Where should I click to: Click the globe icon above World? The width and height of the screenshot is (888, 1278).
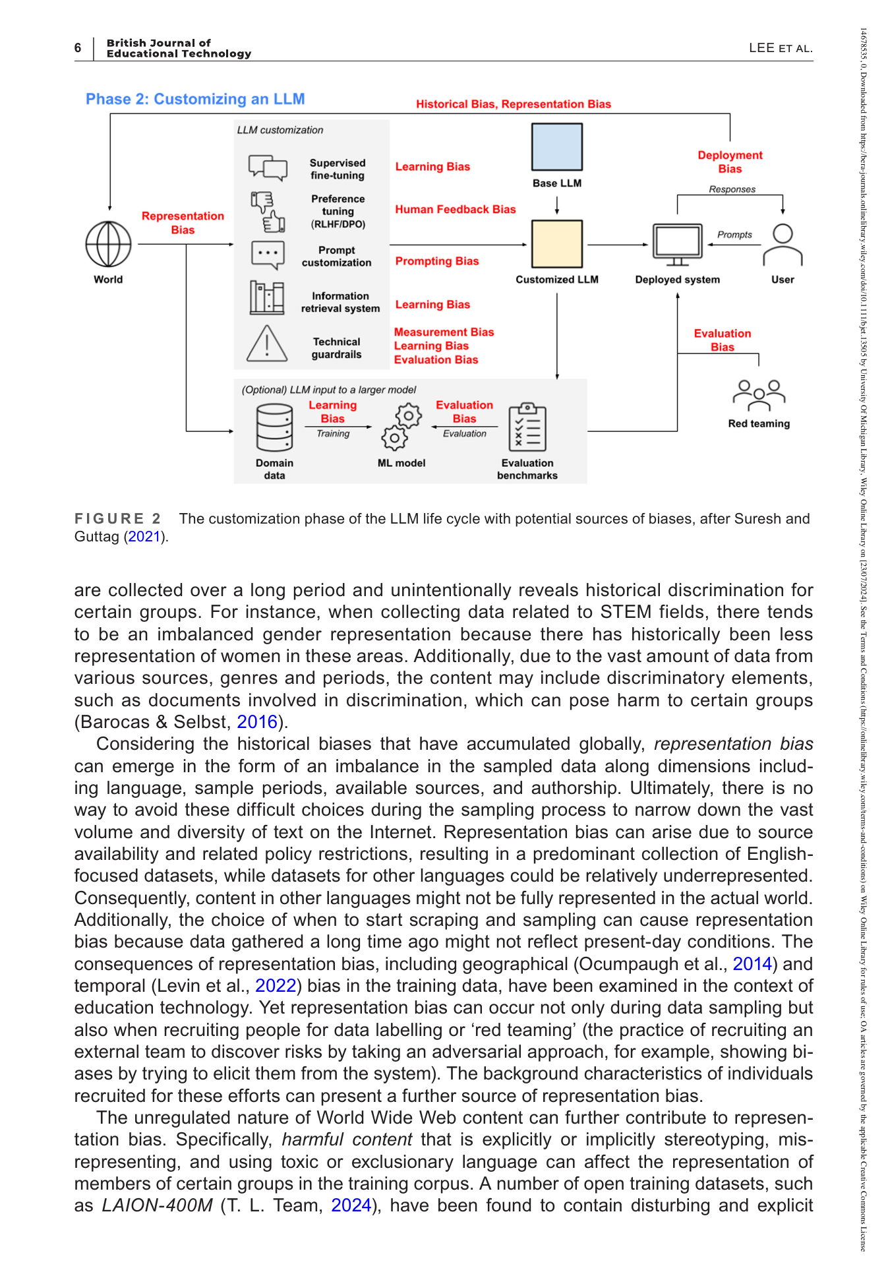pyautogui.click(x=109, y=244)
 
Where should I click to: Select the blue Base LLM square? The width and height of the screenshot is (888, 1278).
pyautogui.click(x=557, y=147)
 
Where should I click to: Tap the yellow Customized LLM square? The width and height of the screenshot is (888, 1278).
pyautogui.click(x=557, y=244)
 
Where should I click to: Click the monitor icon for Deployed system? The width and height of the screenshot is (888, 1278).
pyautogui.click(x=677, y=245)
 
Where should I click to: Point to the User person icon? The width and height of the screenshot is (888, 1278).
pyautogui.click(x=783, y=245)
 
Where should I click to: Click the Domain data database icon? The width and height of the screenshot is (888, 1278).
pyautogui.click(x=274, y=428)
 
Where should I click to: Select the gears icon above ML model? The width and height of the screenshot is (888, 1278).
pyautogui.click(x=401, y=426)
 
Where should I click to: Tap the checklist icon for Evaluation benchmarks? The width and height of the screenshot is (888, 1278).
pyautogui.click(x=527, y=427)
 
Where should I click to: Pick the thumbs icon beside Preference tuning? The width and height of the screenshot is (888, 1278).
pyautogui.click(x=268, y=212)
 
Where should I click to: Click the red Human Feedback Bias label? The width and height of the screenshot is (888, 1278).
pyautogui.click(x=456, y=209)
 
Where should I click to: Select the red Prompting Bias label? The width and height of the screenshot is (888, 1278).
pyautogui.click(x=437, y=261)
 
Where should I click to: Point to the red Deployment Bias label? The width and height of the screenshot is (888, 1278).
pyautogui.click(x=730, y=162)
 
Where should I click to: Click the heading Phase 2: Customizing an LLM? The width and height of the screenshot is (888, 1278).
pyautogui.click(x=195, y=99)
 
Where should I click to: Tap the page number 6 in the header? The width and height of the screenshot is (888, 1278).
pyautogui.click(x=78, y=47)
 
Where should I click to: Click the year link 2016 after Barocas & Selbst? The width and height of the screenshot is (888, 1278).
pyautogui.click(x=257, y=722)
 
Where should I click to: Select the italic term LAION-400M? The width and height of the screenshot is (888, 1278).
pyautogui.click(x=158, y=1205)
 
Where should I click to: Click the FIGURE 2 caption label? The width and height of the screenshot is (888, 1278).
pyautogui.click(x=117, y=518)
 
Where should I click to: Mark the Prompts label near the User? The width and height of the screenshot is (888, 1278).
pyautogui.click(x=734, y=234)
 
